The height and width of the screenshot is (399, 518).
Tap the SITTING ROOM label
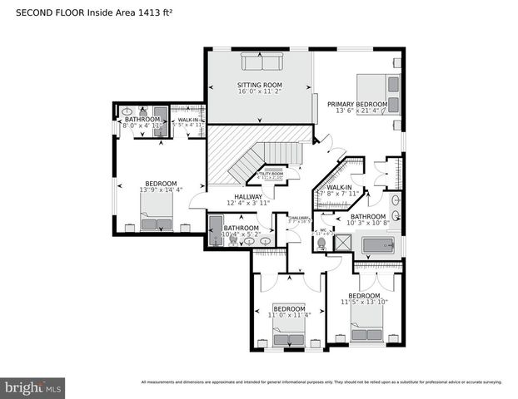[260, 85]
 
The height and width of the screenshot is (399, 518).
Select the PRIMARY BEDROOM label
[360, 104]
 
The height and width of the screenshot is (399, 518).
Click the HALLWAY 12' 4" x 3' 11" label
[248, 199]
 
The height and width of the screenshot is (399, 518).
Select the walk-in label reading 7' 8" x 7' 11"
[342, 190]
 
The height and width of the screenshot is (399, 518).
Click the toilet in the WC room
[324, 238]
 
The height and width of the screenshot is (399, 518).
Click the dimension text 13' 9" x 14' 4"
[161, 190]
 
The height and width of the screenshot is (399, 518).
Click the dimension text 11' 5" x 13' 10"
[365, 303]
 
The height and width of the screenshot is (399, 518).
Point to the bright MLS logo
[33, 387]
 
